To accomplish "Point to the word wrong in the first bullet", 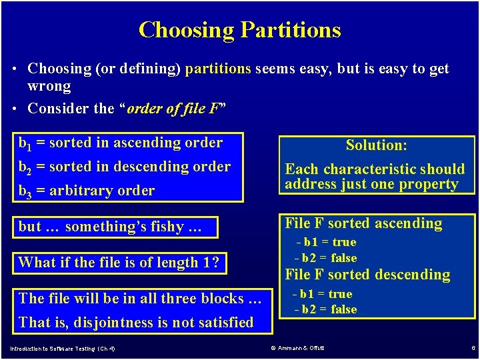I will click(49, 86).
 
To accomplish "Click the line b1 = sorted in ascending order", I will click(121, 143).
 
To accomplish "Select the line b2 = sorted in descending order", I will click(125, 167).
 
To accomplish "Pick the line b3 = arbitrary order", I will click(87, 191).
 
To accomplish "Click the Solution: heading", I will click(377, 145).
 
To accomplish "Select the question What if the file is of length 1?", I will click(119, 262).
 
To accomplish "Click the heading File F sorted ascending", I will click(363, 223).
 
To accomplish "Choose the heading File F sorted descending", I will click(367, 274).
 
